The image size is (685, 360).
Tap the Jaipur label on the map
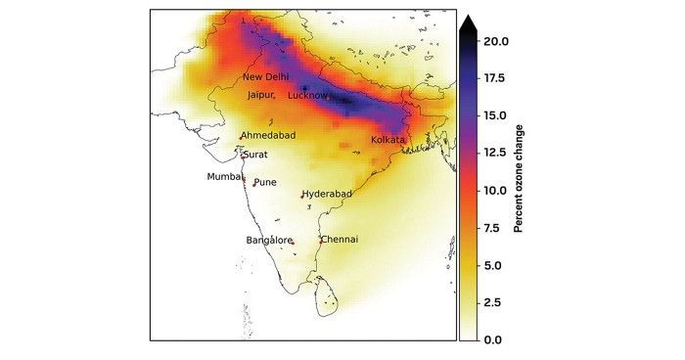point(261,96)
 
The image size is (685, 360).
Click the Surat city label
point(255,155)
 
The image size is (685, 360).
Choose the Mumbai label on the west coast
point(223,177)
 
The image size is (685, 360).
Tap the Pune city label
point(265,182)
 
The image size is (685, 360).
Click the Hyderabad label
point(327,195)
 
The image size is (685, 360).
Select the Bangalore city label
point(268,240)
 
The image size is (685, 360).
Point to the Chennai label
point(340,240)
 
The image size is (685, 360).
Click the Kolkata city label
point(388,141)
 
